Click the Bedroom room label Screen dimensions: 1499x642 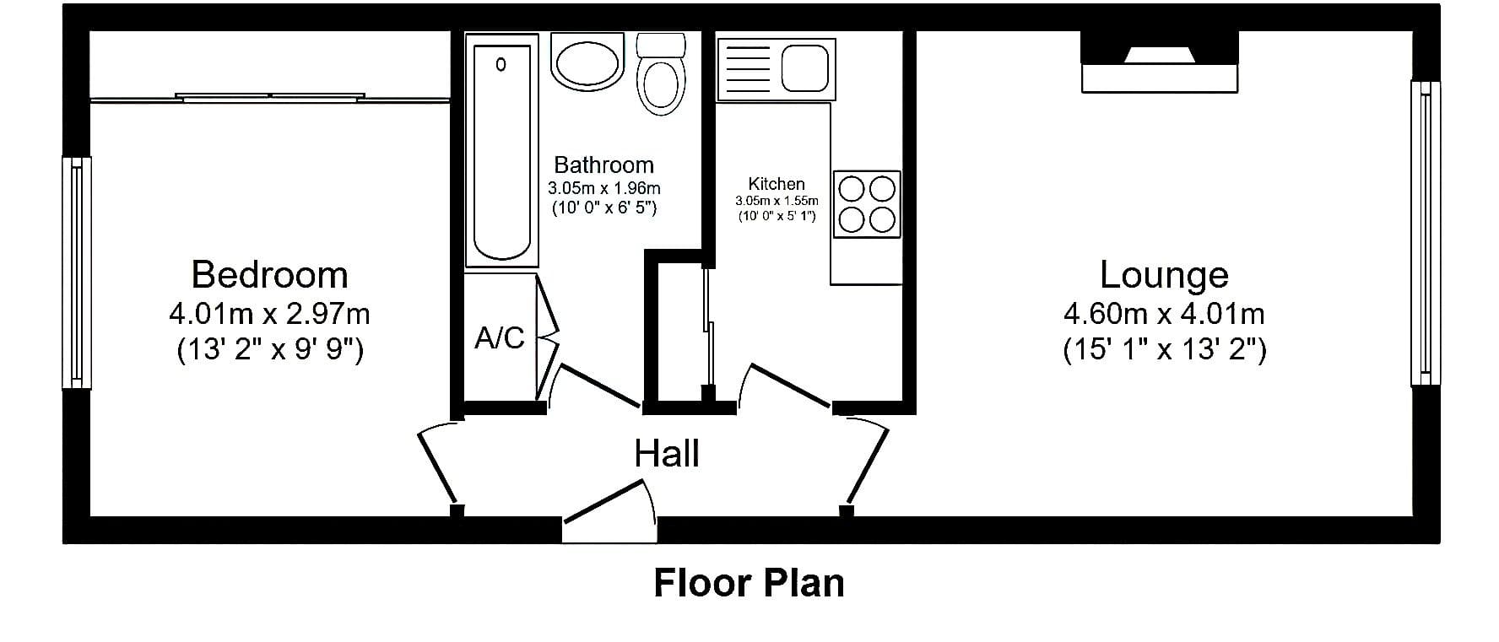269,275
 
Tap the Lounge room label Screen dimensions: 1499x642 1164,275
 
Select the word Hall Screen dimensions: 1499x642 667,454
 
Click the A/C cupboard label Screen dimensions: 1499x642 500,338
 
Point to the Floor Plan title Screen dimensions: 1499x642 749,583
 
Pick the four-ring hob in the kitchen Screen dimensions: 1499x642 867,203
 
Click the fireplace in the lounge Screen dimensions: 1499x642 1160,62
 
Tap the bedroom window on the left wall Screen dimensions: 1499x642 78,272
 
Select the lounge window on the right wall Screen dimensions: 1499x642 1426,234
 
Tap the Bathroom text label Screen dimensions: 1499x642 603,165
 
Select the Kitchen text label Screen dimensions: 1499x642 777,184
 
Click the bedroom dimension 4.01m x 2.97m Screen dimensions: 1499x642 269,314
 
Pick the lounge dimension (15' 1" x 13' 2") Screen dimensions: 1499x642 1165,349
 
